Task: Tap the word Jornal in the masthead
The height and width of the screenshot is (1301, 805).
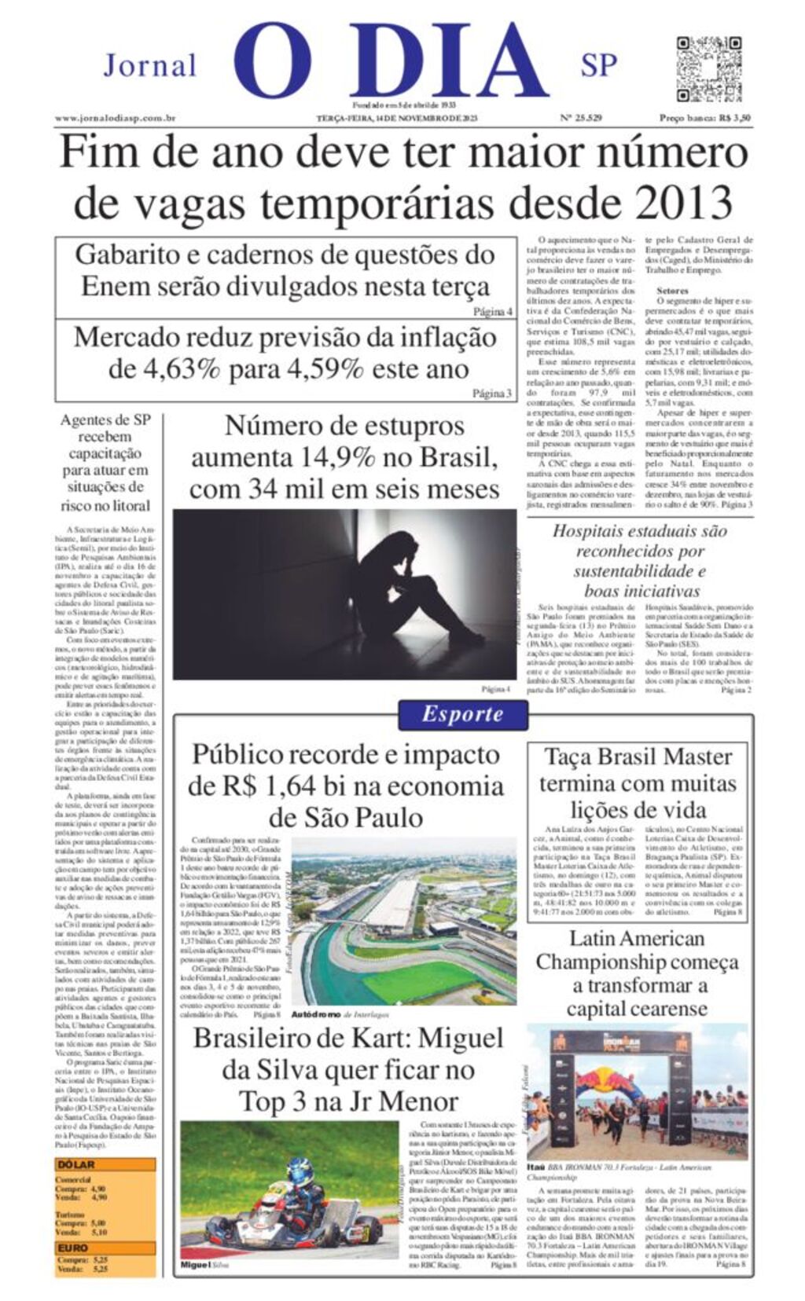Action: tap(149, 66)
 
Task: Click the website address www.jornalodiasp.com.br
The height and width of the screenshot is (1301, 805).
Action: tap(114, 119)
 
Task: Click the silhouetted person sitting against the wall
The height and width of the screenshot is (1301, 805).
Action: tap(409, 589)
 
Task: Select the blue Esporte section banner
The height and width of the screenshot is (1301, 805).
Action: tap(462, 714)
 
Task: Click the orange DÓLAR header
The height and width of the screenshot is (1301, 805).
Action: tap(76, 1164)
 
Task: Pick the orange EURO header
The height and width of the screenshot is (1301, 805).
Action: tap(73, 1248)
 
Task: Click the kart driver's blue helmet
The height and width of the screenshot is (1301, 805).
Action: tap(300, 1173)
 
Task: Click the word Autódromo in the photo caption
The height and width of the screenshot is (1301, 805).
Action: tap(315, 1015)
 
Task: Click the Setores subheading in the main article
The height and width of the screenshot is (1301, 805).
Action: tap(672, 290)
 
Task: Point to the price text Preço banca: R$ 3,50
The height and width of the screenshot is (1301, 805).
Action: tap(704, 119)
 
